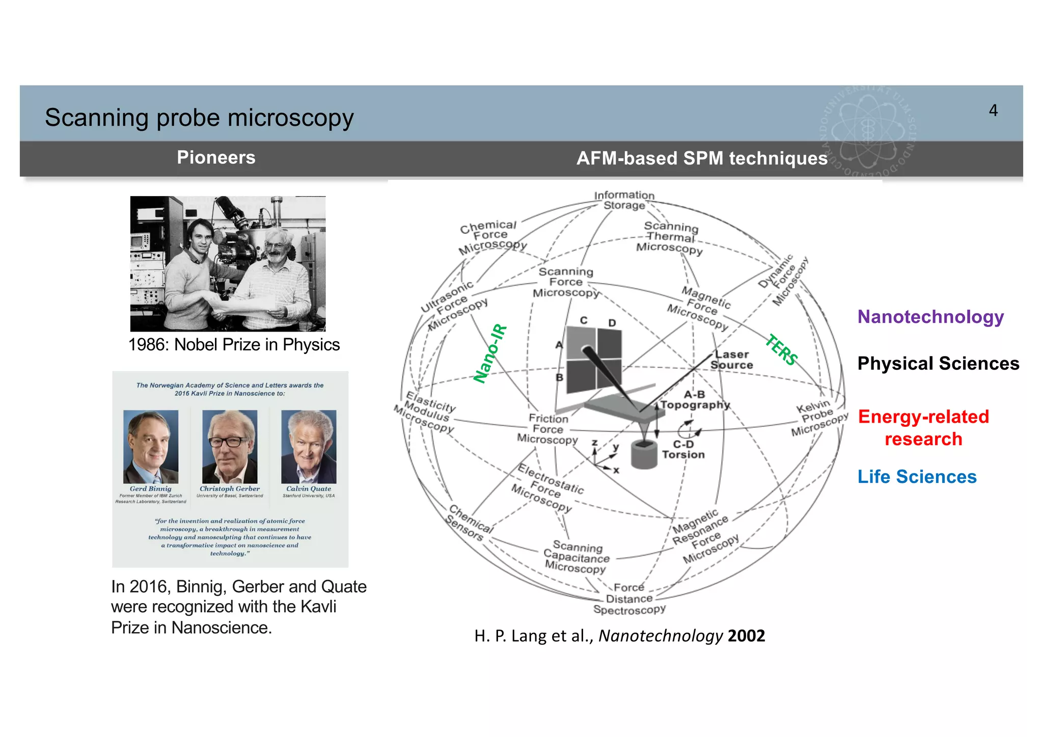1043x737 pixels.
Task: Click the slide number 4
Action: click(x=993, y=111)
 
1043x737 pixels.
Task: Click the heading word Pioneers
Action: click(x=216, y=157)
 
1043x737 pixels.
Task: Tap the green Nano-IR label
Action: click(x=490, y=353)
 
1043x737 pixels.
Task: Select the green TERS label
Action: click(x=782, y=349)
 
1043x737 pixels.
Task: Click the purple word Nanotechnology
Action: click(x=930, y=317)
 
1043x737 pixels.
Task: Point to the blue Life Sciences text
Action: click(x=917, y=477)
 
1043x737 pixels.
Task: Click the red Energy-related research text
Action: click(x=923, y=428)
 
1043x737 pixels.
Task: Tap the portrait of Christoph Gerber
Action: click(x=230, y=447)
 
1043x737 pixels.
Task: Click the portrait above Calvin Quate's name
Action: click(x=309, y=447)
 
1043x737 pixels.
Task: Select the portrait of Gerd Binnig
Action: click(x=151, y=447)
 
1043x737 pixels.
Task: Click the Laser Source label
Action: click(x=731, y=360)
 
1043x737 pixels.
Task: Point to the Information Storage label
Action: click(x=624, y=200)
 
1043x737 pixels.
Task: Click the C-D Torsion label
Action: click(x=683, y=450)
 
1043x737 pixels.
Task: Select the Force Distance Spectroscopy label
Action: click(x=629, y=599)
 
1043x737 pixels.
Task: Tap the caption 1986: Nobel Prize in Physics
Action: click(x=234, y=345)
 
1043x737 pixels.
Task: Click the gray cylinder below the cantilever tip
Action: click(x=644, y=454)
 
